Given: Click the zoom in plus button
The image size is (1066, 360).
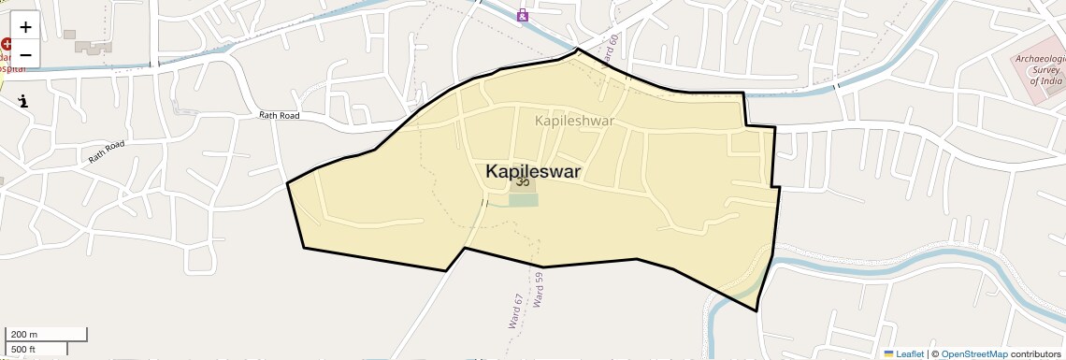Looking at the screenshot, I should click(25, 27).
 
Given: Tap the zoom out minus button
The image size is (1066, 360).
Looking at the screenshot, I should click(25, 54).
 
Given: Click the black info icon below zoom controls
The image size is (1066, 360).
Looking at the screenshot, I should click(23, 101).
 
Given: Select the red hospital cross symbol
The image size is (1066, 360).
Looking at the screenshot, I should click(6, 44).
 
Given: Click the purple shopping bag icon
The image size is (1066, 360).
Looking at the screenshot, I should click(523, 15).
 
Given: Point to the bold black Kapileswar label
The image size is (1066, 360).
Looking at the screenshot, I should click(532, 172).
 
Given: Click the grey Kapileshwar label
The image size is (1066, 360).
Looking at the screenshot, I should click(574, 121).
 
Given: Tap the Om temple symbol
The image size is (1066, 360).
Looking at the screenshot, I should click(523, 183).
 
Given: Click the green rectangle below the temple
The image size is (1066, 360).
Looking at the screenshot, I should click(524, 200).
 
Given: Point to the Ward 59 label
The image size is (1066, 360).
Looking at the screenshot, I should click(538, 290).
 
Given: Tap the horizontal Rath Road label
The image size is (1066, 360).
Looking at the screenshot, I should click(279, 116).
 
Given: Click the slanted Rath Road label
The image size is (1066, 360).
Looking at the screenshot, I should click(107, 151).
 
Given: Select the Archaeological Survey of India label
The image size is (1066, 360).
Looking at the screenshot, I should click(1040, 71).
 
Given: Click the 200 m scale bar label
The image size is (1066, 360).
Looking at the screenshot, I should click(24, 335).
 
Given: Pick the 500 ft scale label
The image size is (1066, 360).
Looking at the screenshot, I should click(24, 350).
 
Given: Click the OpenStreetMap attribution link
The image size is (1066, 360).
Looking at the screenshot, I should click(973, 354).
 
